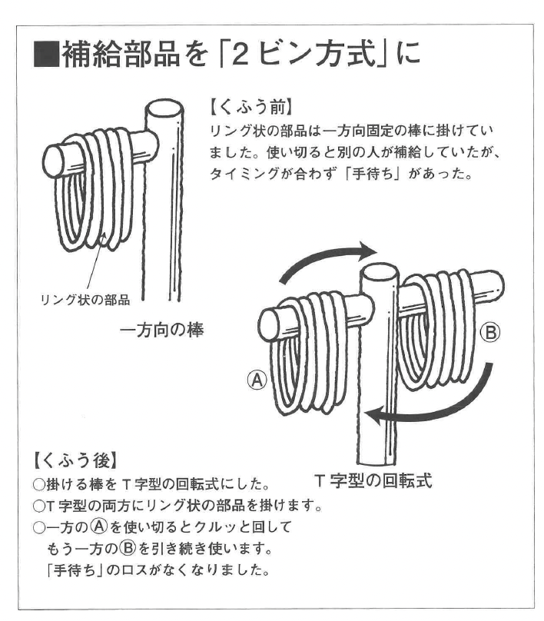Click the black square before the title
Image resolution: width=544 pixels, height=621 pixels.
click(46, 54)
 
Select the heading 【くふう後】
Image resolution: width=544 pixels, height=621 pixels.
click(75, 461)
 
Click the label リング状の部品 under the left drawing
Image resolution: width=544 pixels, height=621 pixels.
click(85, 301)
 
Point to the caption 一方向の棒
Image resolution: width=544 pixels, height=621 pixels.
click(161, 330)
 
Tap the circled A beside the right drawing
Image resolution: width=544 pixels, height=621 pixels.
click(257, 380)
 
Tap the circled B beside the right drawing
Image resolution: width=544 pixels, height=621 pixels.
click(489, 333)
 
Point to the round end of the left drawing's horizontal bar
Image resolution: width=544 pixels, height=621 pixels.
click(54, 162)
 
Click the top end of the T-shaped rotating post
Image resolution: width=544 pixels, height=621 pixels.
click(380, 273)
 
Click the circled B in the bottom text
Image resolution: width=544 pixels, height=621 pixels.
click(128, 548)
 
